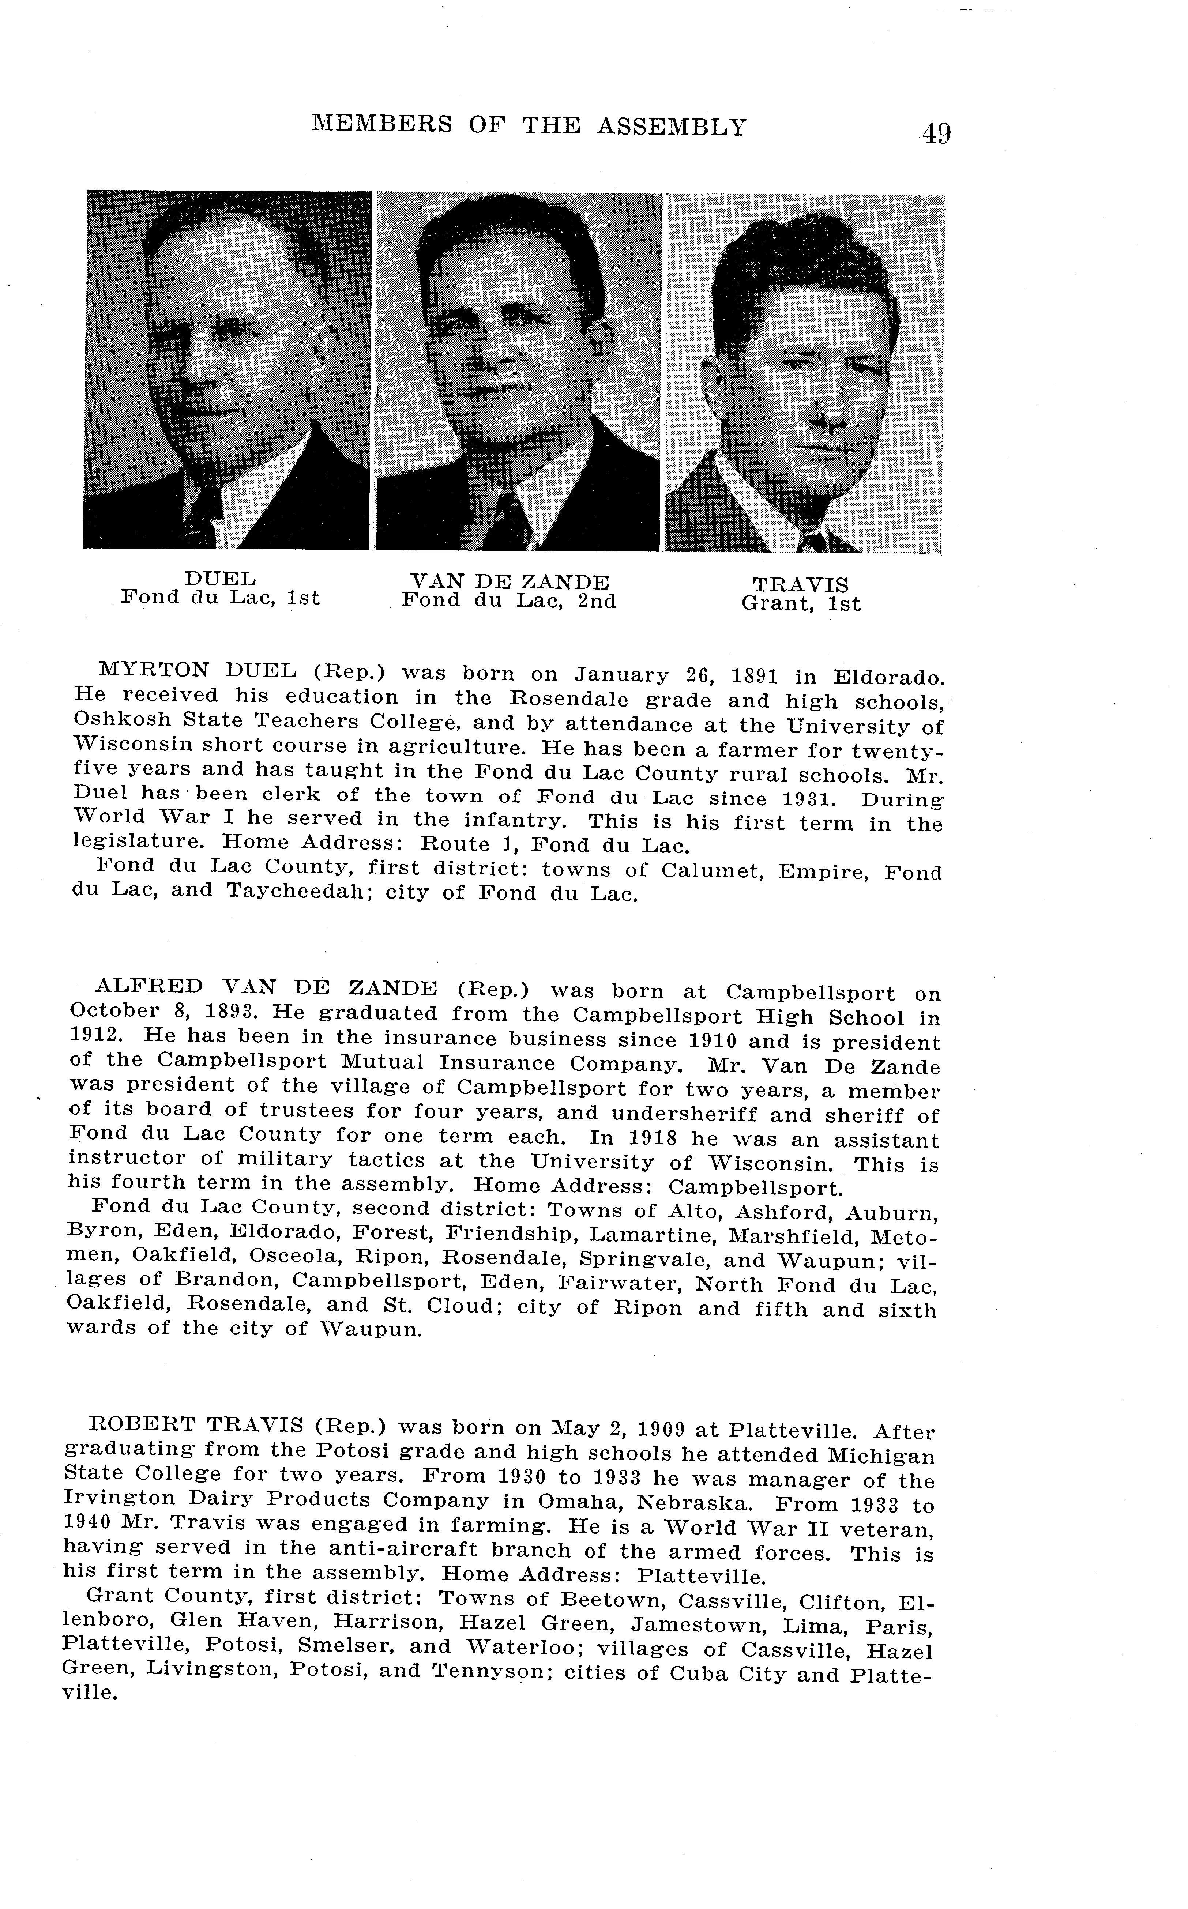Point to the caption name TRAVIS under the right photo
click(801, 585)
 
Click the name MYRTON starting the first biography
click(154, 670)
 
